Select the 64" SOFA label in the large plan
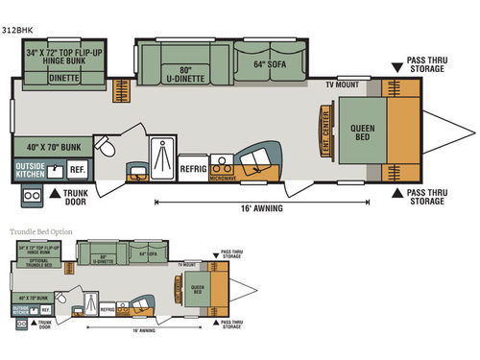tap(272, 65)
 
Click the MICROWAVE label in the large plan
tap(225, 178)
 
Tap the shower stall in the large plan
tap(161, 153)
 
